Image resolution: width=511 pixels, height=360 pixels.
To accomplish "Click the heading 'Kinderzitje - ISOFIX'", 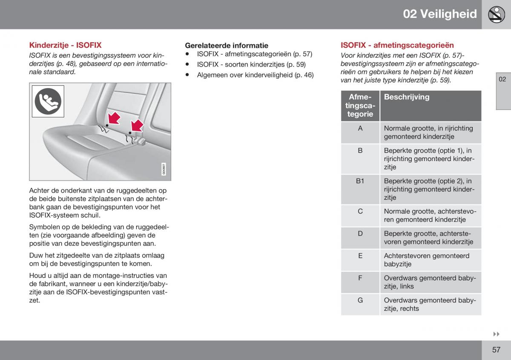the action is pyautogui.click(x=65, y=45).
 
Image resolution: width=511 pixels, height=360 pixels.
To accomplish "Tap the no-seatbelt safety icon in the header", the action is pyautogui.click(x=497, y=14).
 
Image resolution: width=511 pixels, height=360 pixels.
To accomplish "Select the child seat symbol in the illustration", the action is pyautogui.click(x=48, y=101).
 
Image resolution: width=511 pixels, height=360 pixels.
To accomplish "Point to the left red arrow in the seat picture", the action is pyautogui.click(x=114, y=119).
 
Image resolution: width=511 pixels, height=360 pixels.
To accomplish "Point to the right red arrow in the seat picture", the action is pyautogui.click(x=137, y=126).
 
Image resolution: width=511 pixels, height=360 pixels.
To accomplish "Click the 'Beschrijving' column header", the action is pyautogui.click(x=407, y=97).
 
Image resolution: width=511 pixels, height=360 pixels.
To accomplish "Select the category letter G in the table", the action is pyautogui.click(x=360, y=300).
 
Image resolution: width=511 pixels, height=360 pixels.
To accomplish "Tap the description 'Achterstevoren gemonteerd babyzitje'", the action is pyautogui.click(x=427, y=260).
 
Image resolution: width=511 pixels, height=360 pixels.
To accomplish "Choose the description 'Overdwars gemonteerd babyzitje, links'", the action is pyautogui.click(x=430, y=282).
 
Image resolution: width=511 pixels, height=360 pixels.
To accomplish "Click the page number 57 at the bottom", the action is pyautogui.click(x=496, y=349).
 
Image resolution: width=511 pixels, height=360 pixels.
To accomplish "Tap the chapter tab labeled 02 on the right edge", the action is pyautogui.click(x=502, y=79).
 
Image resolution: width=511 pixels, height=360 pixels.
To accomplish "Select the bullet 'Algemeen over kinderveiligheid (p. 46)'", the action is pyautogui.click(x=255, y=75).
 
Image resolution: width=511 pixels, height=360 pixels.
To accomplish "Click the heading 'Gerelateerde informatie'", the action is pyautogui.click(x=227, y=46).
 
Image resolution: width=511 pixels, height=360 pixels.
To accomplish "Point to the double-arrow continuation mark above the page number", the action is pyautogui.click(x=497, y=334).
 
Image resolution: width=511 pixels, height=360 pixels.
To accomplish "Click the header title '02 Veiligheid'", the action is pyautogui.click(x=440, y=14).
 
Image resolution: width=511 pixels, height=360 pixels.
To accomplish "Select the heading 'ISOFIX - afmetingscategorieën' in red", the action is pyautogui.click(x=397, y=45).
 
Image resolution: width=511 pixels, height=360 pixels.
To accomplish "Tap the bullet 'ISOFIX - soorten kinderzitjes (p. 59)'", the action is pyautogui.click(x=251, y=64).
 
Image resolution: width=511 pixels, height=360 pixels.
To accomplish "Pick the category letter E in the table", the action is pyautogui.click(x=360, y=256).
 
